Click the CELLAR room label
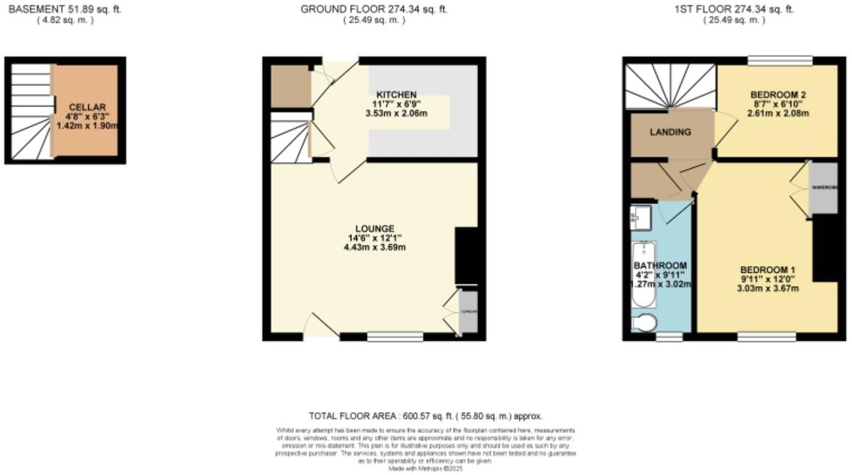88,106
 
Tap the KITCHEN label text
396,95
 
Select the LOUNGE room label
375,229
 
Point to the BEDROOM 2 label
778,95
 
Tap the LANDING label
670,133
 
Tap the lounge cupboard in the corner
468,312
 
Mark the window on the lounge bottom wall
395,337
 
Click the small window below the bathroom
664,337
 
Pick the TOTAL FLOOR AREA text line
425,416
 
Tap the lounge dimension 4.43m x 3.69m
375,248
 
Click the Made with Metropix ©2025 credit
425,468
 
